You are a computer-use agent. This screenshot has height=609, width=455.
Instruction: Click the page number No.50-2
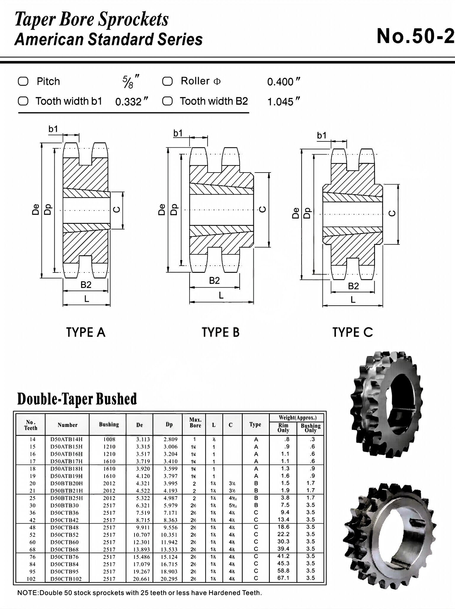pos(415,36)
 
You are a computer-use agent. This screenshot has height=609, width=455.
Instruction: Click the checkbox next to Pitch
pos(23,82)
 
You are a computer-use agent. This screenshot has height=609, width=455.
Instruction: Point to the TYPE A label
pos(86,332)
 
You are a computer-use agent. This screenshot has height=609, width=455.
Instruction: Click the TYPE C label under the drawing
pos(353,332)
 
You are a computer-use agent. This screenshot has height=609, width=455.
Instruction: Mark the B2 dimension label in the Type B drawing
pos(214,280)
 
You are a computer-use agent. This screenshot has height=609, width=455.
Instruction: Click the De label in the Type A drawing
pos(36,210)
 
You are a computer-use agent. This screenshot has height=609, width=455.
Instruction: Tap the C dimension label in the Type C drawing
pos(392,213)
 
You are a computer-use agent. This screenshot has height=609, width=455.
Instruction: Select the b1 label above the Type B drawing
pos(178,133)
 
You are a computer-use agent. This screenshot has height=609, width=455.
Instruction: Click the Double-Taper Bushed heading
pos(77,399)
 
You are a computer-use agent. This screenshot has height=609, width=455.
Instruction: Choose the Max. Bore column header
pos(195,423)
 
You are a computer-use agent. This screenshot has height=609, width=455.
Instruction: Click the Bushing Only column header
pos(310,428)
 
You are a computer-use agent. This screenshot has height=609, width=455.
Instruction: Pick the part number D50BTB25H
pos(67,498)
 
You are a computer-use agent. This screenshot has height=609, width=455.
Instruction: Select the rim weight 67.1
pos(283,578)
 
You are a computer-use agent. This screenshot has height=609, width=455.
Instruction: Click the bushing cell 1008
pos(109,439)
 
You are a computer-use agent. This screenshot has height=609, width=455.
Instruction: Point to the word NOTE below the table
pos(27,593)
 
